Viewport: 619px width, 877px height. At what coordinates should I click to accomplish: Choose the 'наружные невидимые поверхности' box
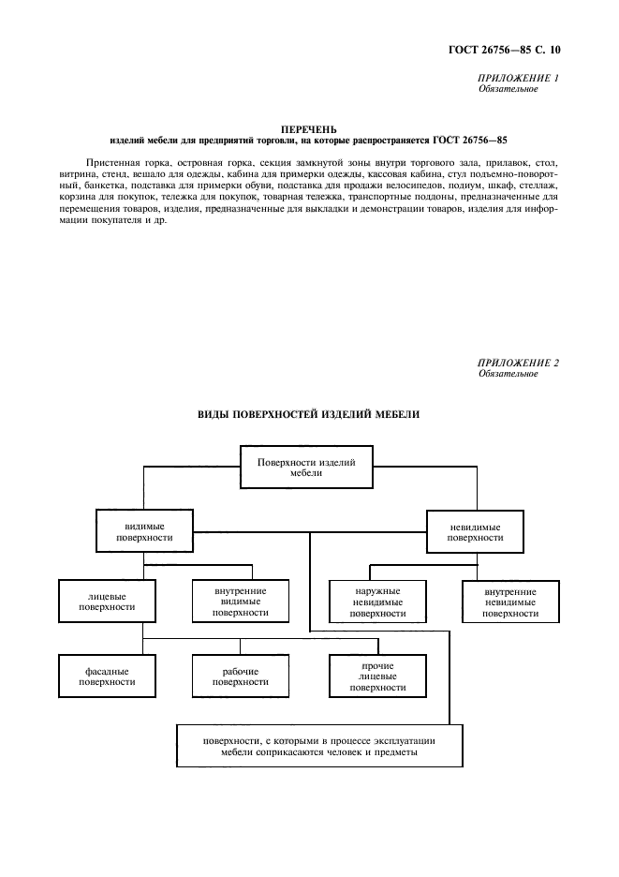[377, 602]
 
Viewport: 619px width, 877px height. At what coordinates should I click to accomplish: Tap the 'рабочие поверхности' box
[240, 676]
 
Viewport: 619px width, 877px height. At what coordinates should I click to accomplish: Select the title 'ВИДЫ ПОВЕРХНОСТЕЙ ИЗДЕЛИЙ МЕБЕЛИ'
[309, 413]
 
